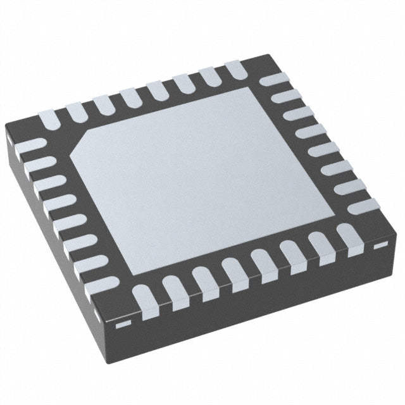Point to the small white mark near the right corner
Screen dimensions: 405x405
click(380, 244)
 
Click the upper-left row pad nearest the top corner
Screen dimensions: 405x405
click(232, 68)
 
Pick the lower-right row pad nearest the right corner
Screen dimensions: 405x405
click(347, 237)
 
